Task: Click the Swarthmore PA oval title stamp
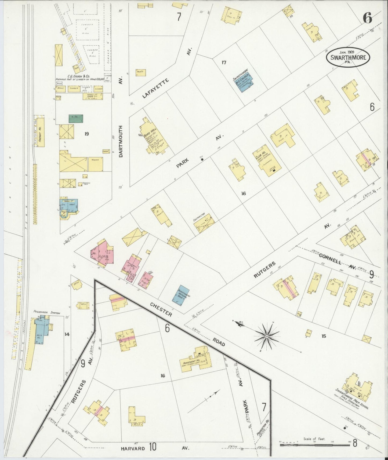(348, 57)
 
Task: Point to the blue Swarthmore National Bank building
(180, 295)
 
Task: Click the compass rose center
(267, 336)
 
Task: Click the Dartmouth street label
(121, 141)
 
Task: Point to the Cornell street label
(330, 259)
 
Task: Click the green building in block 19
(76, 118)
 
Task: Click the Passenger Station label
(46, 313)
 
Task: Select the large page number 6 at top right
(367, 18)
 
